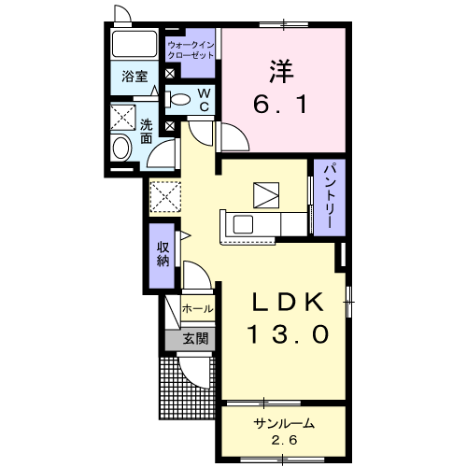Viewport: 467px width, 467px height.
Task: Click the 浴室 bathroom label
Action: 134,78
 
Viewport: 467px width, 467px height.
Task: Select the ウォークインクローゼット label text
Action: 191,50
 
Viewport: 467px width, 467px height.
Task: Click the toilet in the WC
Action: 181,99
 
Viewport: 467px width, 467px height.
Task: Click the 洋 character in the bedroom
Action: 276,70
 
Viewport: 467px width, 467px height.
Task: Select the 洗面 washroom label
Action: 148,131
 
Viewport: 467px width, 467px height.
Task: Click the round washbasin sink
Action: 121,149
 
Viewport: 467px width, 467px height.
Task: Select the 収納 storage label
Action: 163,252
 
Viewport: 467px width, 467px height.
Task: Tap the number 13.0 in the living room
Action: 289,333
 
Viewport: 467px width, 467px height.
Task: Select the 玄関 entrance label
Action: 195,338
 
